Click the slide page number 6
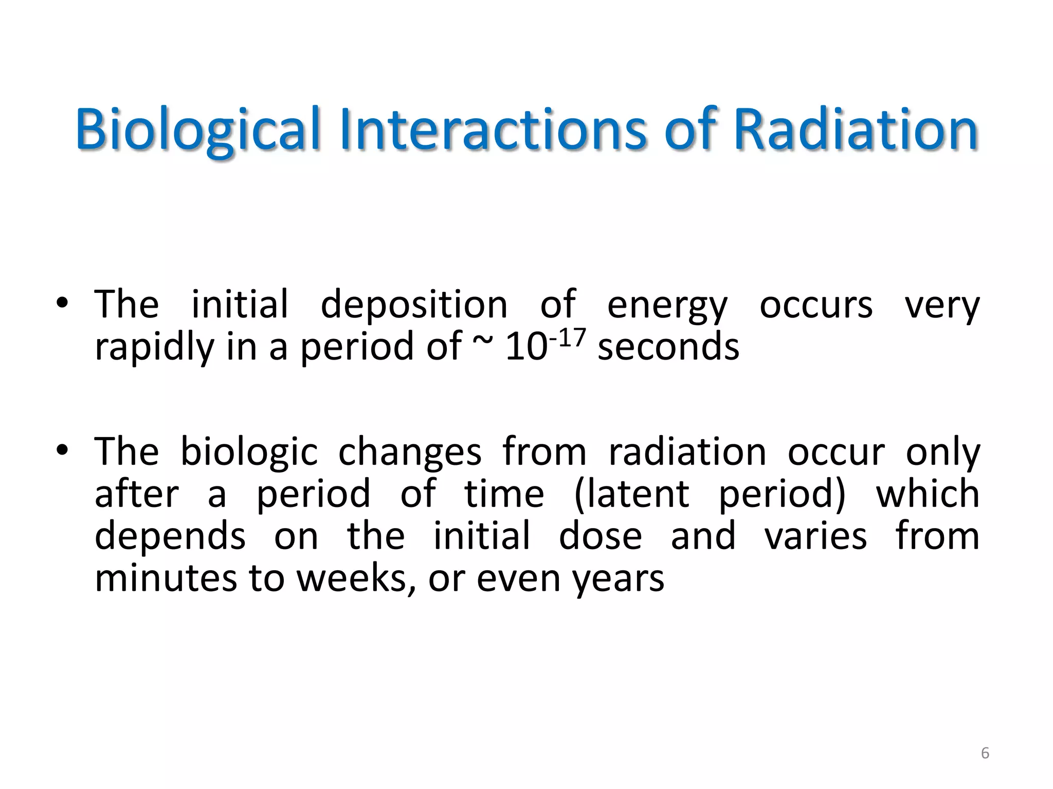(985, 753)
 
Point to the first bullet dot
(62, 303)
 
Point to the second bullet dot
(62, 450)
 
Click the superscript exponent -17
(567, 339)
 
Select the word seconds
(668, 347)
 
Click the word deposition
(414, 305)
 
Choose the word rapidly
(154, 348)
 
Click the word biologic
(249, 453)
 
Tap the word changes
(410, 453)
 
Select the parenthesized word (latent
(631, 494)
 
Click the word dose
(600, 536)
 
